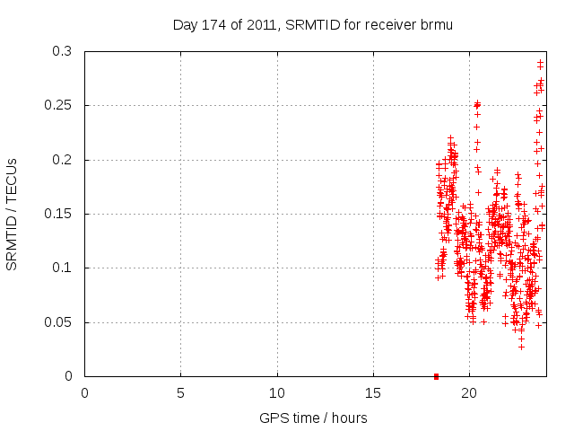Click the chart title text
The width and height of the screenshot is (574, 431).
click(312, 25)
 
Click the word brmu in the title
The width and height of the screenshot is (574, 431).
click(436, 25)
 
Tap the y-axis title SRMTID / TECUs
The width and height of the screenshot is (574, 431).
click(13, 214)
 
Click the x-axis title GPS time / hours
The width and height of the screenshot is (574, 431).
click(313, 418)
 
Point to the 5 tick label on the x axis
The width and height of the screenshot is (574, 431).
click(180, 393)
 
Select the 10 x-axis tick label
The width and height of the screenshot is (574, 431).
click(276, 393)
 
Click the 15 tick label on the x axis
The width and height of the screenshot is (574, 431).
click(372, 393)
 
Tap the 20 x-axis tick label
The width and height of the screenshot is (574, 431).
click(468, 393)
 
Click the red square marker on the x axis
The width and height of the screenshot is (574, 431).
click(436, 376)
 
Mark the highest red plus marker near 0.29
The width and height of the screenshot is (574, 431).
click(540, 62)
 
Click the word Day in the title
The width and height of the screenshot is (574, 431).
click(185, 25)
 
